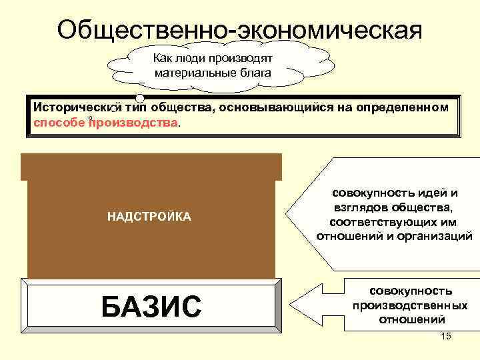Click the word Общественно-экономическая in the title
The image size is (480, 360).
click(x=240, y=29)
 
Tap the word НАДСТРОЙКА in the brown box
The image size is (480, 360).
click(x=149, y=217)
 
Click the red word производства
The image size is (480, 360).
click(x=134, y=122)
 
